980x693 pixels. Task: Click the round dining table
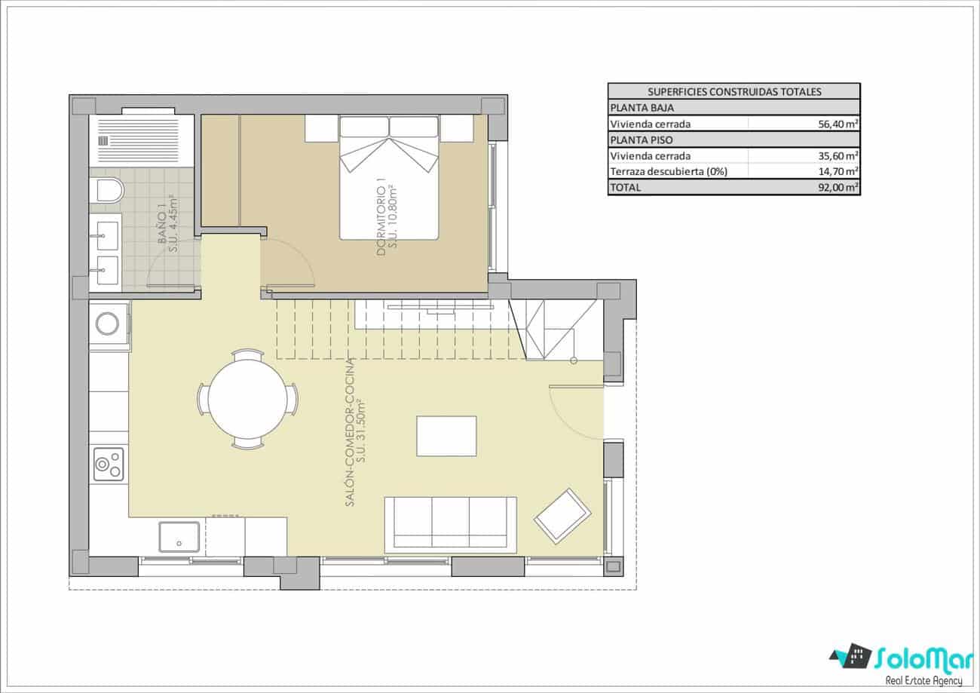[x=248, y=399]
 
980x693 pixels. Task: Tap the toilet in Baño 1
[x=108, y=190]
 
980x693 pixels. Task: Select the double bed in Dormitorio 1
[x=389, y=178]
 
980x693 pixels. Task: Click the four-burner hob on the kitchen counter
[x=109, y=464]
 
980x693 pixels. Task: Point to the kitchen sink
[x=179, y=537]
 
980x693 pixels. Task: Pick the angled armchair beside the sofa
[x=562, y=516]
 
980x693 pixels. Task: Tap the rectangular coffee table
[x=446, y=436]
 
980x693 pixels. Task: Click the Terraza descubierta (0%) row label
[x=668, y=172]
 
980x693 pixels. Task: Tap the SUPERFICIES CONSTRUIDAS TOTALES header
[x=733, y=92]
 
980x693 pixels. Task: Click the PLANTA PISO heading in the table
[x=642, y=140]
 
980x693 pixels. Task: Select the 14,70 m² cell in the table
[x=838, y=172]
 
